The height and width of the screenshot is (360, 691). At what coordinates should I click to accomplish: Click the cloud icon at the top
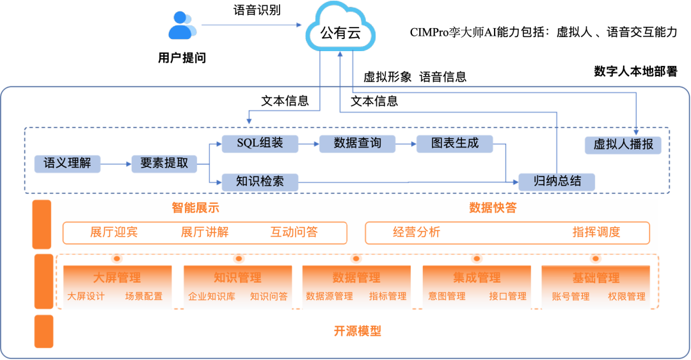coord(340,27)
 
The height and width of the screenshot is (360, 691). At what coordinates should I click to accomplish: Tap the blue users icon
coord(182,26)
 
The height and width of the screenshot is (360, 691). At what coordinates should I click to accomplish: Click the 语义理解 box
coord(67,163)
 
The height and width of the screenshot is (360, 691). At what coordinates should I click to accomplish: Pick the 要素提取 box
coord(164,163)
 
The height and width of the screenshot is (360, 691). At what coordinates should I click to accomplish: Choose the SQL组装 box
coord(260,143)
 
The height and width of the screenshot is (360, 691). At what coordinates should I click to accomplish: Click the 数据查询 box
coord(357,143)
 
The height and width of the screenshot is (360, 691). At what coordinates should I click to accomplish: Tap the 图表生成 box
coord(455,143)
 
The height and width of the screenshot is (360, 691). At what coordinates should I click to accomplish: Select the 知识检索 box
coord(260,182)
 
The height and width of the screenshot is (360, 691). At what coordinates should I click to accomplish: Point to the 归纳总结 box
coord(557,182)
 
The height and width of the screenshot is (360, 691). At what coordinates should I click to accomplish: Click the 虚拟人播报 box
coord(623,145)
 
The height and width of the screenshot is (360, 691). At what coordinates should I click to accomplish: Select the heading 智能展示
coord(196,208)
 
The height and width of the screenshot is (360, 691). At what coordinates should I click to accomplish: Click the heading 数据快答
coord(493,208)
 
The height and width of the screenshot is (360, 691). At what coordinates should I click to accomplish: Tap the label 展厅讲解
coord(204,232)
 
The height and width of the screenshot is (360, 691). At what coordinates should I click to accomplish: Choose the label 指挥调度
coord(596,232)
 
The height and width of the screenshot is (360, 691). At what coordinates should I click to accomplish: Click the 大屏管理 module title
coord(117,278)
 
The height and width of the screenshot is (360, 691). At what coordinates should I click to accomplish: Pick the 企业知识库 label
coord(212,297)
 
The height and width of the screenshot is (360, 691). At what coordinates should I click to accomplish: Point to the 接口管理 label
coord(507,297)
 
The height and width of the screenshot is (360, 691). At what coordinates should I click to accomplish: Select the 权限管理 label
coord(626,297)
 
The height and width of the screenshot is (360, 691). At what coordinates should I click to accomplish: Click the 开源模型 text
coord(357,331)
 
